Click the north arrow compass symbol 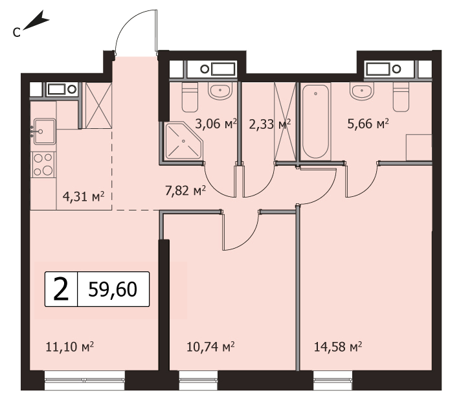(35, 21)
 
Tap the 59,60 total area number (113, 289)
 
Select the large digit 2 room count (61, 289)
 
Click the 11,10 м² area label (70, 347)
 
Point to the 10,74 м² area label (210, 347)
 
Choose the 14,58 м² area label (338, 347)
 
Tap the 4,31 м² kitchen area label (84, 196)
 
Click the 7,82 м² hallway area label (185, 191)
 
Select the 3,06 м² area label (216, 124)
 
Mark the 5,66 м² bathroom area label (368, 124)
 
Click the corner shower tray (183, 141)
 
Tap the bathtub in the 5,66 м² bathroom (315, 122)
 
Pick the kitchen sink (45, 131)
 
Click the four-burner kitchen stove (43, 164)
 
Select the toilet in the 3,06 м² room (190, 96)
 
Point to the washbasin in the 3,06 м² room (220, 90)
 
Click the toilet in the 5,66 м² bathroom (401, 96)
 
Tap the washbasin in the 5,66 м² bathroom (362, 90)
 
